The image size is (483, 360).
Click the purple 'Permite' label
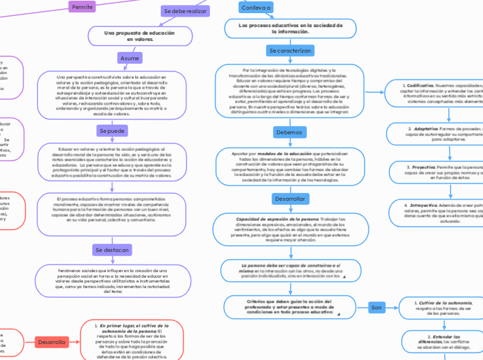click(x=82, y=7)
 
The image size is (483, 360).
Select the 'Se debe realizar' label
click(x=184, y=11)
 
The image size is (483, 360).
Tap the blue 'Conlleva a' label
click(x=256, y=7)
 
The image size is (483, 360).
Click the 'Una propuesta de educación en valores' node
click(x=130, y=36)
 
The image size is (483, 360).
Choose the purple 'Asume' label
click(x=130, y=58)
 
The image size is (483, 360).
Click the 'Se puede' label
click(x=112, y=130)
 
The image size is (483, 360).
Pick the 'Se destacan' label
click(x=112, y=249)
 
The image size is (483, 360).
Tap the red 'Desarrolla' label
click(x=52, y=342)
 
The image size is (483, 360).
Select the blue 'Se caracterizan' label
click(x=290, y=51)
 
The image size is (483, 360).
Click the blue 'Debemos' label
click(x=290, y=132)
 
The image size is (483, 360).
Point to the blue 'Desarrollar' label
click(x=290, y=199)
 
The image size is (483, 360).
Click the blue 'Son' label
click(x=377, y=307)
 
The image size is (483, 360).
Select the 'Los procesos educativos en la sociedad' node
click(x=290, y=28)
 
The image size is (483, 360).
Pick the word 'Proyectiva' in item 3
click(x=421, y=167)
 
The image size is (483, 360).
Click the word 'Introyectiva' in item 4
click(x=424, y=206)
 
